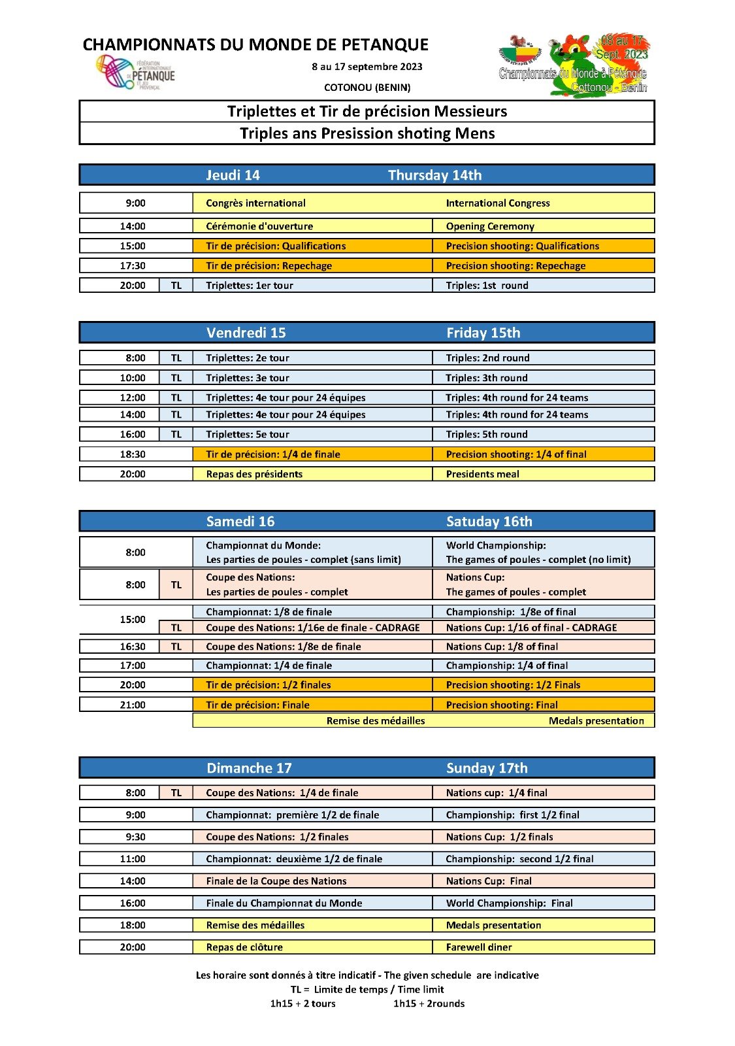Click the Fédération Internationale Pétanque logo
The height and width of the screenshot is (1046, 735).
(x=136, y=72)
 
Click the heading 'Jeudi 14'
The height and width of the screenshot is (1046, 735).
(x=233, y=175)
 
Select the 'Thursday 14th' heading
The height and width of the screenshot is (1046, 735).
(x=434, y=175)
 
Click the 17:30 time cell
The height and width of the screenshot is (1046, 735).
(x=133, y=266)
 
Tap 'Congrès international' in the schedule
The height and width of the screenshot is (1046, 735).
(x=255, y=203)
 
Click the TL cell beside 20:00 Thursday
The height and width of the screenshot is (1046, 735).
(x=176, y=286)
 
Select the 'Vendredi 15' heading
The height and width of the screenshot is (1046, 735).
(x=246, y=333)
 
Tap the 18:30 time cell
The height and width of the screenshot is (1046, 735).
(x=133, y=454)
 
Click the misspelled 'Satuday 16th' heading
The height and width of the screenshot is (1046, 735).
(x=489, y=522)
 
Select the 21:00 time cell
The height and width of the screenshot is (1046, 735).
(x=133, y=705)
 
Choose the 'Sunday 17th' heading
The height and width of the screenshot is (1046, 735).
(x=487, y=768)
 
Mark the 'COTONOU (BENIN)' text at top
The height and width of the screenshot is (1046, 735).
(x=367, y=88)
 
